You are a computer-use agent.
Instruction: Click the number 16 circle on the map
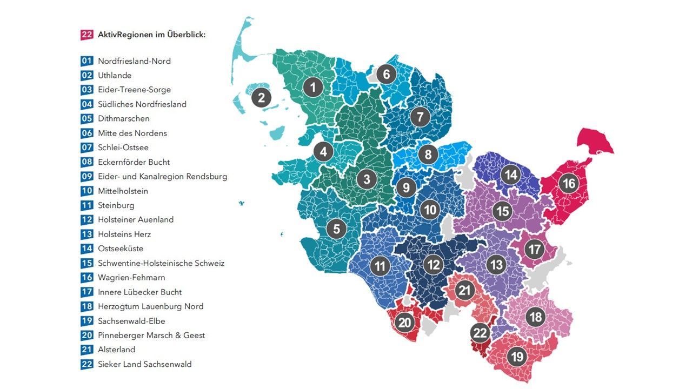(569, 184)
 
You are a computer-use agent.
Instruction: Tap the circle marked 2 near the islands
(261, 98)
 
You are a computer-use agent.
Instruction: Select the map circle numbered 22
(480, 333)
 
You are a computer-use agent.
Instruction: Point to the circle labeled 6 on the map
(386, 74)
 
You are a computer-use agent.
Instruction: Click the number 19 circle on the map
(517, 357)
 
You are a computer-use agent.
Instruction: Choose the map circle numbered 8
(428, 155)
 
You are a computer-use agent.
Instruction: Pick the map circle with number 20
(404, 323)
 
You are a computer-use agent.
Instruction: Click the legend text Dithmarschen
(123, 119)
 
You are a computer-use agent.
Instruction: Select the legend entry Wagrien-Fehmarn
(131, 278)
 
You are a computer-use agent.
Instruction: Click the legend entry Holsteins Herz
(124, 234)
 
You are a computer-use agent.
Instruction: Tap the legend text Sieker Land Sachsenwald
(144, 364)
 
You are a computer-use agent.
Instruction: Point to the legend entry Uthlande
(115, 76)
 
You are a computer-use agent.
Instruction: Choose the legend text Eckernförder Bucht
(134, 162)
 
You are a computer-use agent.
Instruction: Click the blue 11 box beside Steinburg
(87, 205)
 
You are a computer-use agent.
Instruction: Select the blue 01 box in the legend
(87, 61)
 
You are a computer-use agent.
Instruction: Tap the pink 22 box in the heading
(87, 35)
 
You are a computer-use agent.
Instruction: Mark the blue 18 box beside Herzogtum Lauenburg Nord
(87, 306)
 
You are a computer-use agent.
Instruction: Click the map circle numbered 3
(367, 179)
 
